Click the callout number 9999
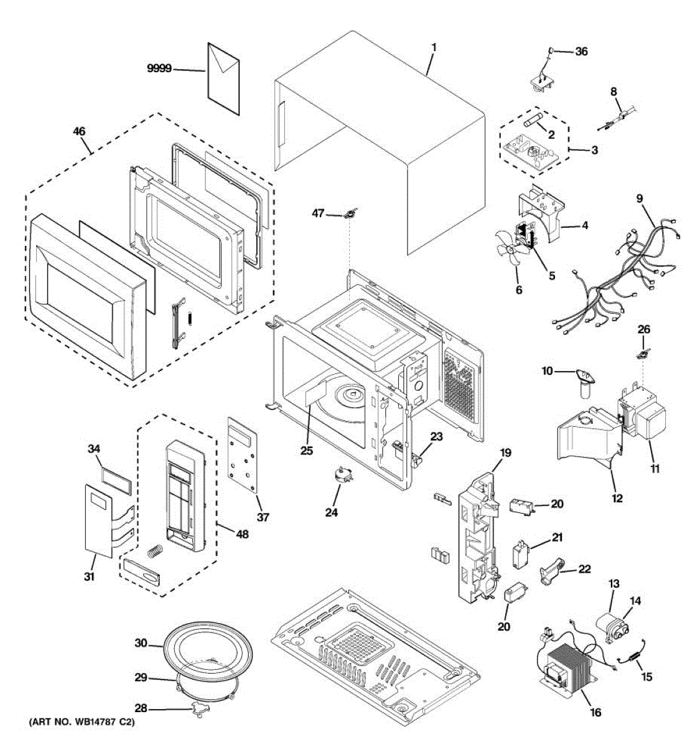point(159,69)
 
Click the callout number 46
point(79,131)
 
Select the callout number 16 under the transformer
point(595,712)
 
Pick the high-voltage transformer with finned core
point(569,669)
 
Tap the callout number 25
point(306,451)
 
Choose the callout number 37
point(263,517)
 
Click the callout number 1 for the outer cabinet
point(434,47)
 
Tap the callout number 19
point(505,453)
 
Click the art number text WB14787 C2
point(81,723)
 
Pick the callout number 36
point(581,52)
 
